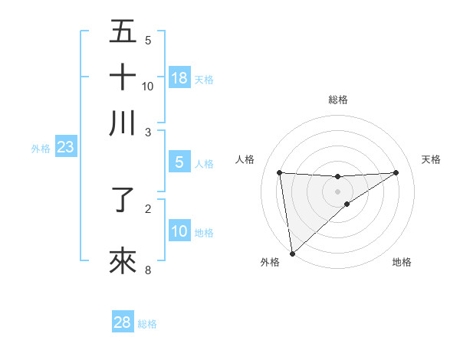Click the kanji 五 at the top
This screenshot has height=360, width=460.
(x=123, y=32)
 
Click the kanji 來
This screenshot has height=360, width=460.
(x=123, y=261)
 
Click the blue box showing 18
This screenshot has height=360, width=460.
(x=179, y=78)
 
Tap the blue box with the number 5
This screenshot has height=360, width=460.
(x=179, y=162)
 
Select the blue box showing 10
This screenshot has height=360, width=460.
(x=179, y=232)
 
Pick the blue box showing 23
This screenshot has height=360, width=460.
(x=65, y=148)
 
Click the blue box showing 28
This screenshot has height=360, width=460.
(x=123, y=322)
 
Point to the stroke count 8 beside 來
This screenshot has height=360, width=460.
(x=148, y=270)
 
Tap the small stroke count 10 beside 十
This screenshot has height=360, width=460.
(x=148, y=86)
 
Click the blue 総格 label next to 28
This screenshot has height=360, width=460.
(x=147, y=324)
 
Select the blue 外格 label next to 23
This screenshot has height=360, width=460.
(x=40, y=149)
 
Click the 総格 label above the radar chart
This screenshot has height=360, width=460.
(x=337, y=100)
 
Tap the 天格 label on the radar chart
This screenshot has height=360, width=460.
(x=431, y=159)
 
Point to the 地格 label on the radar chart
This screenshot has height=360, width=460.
(x=402, y=262)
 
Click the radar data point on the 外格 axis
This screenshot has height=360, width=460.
(x=292, y=254)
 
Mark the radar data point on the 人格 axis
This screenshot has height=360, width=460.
(x=280, y=172)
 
